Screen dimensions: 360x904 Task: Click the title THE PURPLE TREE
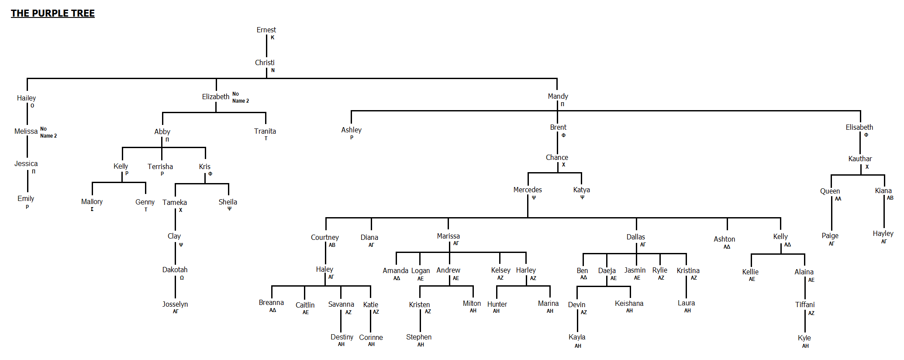coord(52,14)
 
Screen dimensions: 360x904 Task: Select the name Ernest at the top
coord(266,30)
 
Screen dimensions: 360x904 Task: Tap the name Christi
coord(265,62)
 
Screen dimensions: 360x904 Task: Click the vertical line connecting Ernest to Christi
coord(266,46)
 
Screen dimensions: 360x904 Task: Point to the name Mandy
coord(558,96)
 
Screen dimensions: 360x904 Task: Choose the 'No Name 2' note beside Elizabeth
coord(240,97)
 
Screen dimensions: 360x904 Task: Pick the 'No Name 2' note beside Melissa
coord(48,132)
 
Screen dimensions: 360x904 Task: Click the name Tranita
coord(265,131)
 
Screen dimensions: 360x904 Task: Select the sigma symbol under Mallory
coord(92,209)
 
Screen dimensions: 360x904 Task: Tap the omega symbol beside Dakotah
coord(182,278)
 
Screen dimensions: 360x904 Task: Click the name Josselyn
coord(175,304)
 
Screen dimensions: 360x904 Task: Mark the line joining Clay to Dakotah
coord(175,253)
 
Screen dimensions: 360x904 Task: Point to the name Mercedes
coord(527,190)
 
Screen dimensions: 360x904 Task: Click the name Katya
coord(581,190)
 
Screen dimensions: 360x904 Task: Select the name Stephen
coord(418,337)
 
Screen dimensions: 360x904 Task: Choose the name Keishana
coord(629,303)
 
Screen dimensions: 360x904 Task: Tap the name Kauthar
coord(859,159)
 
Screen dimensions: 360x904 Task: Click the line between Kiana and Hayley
coord(883,214)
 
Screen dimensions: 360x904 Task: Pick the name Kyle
coord(804,338)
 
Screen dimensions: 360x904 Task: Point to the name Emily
coord(26,198)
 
